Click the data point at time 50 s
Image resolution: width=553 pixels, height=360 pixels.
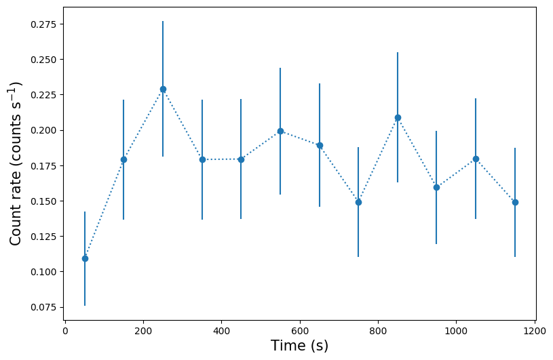[85, 258]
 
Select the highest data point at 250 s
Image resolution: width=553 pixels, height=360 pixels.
[163, 89]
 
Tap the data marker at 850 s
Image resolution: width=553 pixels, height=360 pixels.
[398, 117]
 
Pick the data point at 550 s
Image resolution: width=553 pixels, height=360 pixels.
[280, 131]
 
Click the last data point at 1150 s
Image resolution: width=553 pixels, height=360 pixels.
[515, 202]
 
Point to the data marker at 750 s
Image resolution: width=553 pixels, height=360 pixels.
[358, 202]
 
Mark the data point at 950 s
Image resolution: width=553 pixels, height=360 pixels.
[436, 187]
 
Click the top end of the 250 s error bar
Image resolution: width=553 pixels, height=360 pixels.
[163, 22]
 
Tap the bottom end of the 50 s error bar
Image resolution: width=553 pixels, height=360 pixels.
[85, 305]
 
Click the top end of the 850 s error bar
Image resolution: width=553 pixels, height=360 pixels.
[398, 53]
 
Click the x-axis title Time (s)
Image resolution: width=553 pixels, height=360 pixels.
[299, 346]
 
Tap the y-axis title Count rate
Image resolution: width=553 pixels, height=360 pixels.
[16, 163]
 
